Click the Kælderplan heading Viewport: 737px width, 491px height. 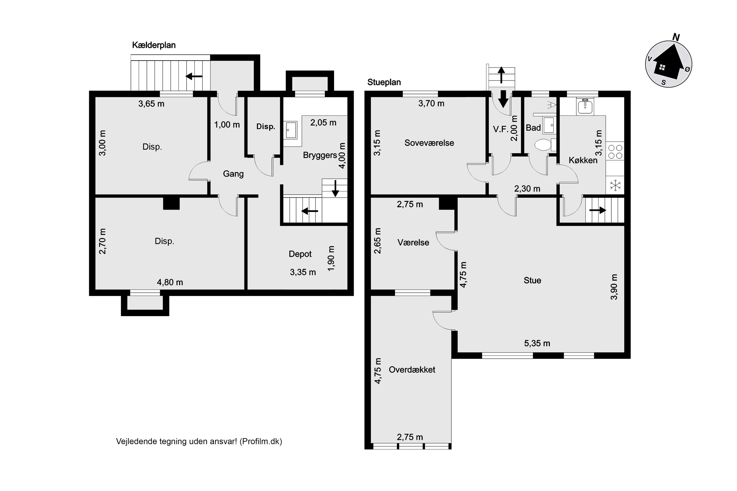[x=154, y=45]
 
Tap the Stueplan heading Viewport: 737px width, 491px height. [x=384, y=82]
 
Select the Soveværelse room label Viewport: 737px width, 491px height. [x=429, y=143]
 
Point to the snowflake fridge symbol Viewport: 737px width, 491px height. [x=615, y=185]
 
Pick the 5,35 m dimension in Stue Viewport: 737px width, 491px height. [x=537, y=343]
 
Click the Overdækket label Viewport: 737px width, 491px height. [x=412, y=369]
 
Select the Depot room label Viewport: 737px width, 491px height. [x=300, y=254]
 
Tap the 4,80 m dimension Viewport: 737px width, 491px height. [x=170, y=283]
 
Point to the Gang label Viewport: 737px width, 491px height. [x=233, y=174]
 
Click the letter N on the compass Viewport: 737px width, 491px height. [x=676, y=38]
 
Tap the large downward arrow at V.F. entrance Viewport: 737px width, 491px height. [x=503, y=99]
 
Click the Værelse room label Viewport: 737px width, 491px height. [x=413, y=242]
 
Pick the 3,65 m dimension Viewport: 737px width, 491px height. [x=151, y=104]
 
